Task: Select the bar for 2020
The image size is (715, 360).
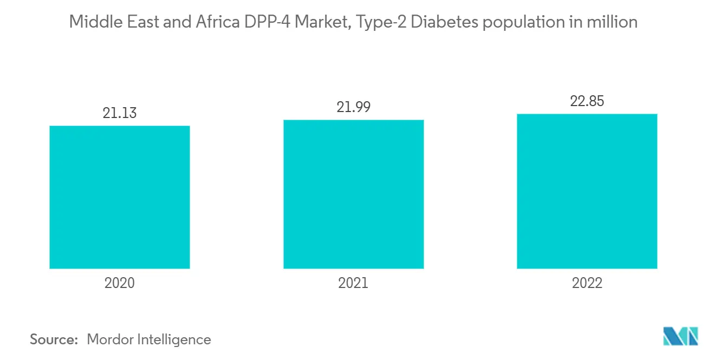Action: pyautogui.click(x=120, y=197)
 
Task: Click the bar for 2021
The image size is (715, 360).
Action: pyautogui.click(x=353, y=194)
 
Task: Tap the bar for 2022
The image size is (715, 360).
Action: pyautogui.click(x=587, y=191)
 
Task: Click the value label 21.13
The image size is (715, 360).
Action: pyautogui.click(x=120, y=113)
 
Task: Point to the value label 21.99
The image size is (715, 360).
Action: pyautogui.click(x=353, y=107)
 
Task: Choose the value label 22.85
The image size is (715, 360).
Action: pyautogui.click(x=587, y=101)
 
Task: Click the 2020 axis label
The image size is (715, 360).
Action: pyautogui.click(x=120, y=283)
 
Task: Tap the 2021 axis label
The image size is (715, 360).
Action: pyautogui.click(x=353, y=283)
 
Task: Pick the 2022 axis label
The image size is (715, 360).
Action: pyautogui.click(x=587, y=283)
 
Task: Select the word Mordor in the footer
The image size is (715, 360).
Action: pyautogui.click(x=110, y=339)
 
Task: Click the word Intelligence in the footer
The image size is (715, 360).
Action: pyautogui.click(x=174, y=339)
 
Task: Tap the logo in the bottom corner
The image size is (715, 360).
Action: pyautogui.click(x=681, y=336)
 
